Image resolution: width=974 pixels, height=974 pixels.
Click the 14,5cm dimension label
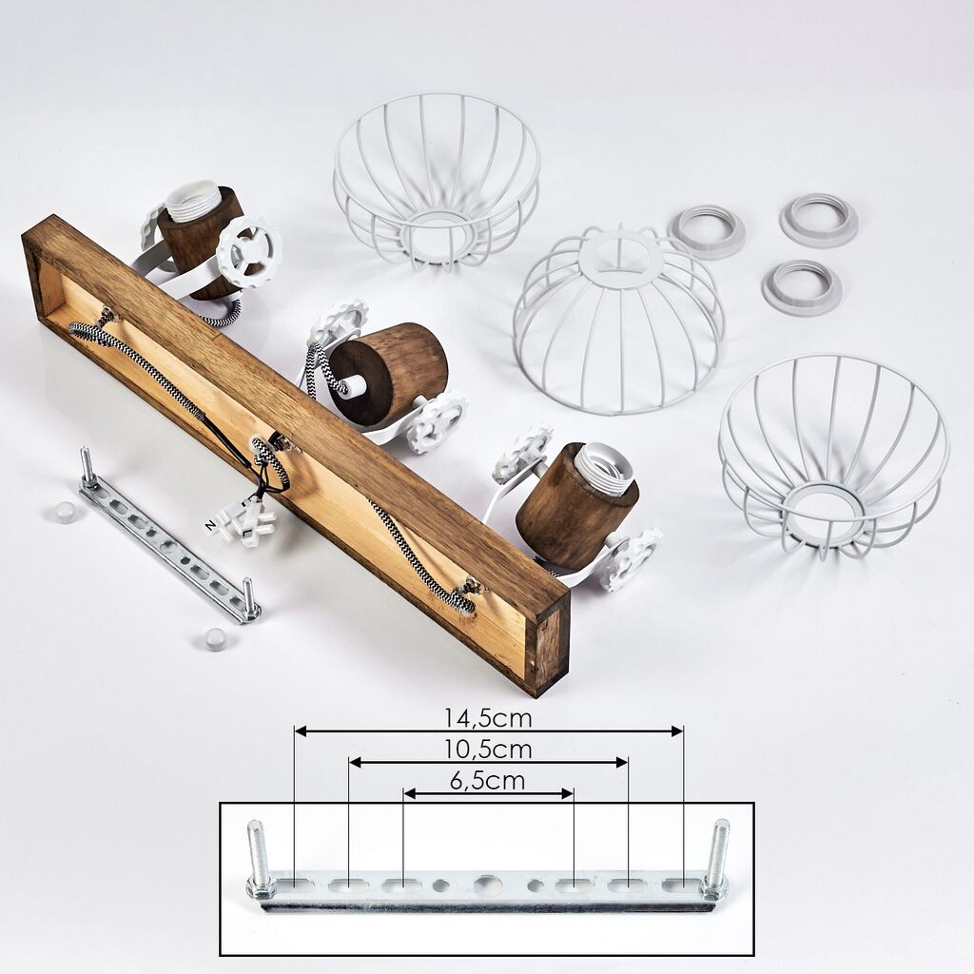click(488, 718)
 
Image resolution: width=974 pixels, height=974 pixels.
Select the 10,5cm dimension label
click(488, 750)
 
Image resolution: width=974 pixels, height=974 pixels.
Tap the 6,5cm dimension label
click(488, 780)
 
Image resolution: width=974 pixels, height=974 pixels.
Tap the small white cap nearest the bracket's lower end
click(215, 637)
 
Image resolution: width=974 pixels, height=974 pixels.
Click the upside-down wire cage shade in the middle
click(619, 323)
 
